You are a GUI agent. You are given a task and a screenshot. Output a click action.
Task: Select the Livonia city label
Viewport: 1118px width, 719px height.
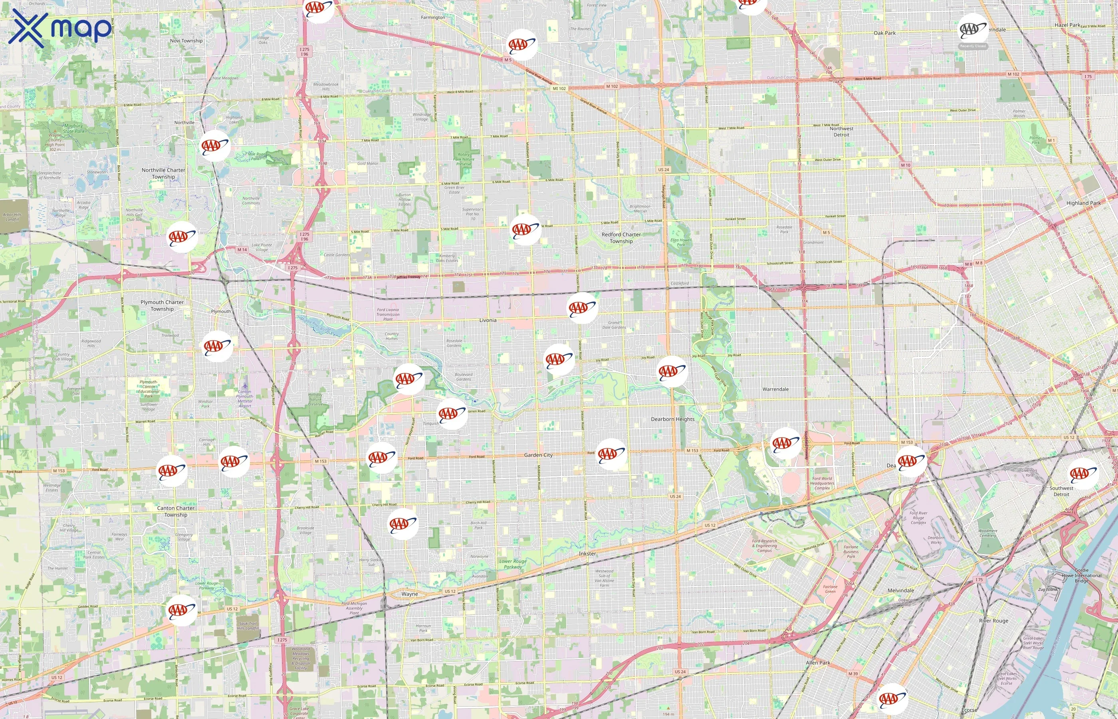[x=488, y=320]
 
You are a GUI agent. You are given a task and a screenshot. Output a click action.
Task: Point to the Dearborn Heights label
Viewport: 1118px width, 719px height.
[x=672, y=419]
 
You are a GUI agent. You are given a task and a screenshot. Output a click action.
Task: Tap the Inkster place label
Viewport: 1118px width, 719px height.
[x=587, y=554]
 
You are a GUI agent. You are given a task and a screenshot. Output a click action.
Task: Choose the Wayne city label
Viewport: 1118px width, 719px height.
[x=410, y=594]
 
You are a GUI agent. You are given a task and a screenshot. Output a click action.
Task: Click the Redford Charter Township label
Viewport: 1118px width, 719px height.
[x=621, y=238]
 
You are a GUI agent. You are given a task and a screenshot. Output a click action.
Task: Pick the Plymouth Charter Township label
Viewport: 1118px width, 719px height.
[x=162, y=305]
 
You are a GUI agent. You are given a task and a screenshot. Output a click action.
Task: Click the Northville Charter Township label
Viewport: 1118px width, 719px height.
[x=163, y=173]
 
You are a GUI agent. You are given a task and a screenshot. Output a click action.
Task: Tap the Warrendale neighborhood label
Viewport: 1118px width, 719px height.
[x=775, y=389]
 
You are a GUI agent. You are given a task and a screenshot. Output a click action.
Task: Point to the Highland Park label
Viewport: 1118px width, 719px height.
[x=1084, y=203]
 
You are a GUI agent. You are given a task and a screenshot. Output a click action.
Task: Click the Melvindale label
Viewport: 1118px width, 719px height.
[x=900, y=591]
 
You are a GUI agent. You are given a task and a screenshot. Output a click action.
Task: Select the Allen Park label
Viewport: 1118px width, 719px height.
[x=818, y=663]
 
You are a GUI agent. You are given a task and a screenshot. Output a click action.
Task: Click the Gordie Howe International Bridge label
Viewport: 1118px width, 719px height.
[x=1081, y=575]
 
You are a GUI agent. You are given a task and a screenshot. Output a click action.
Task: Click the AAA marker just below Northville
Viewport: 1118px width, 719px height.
[x=215, y=146]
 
